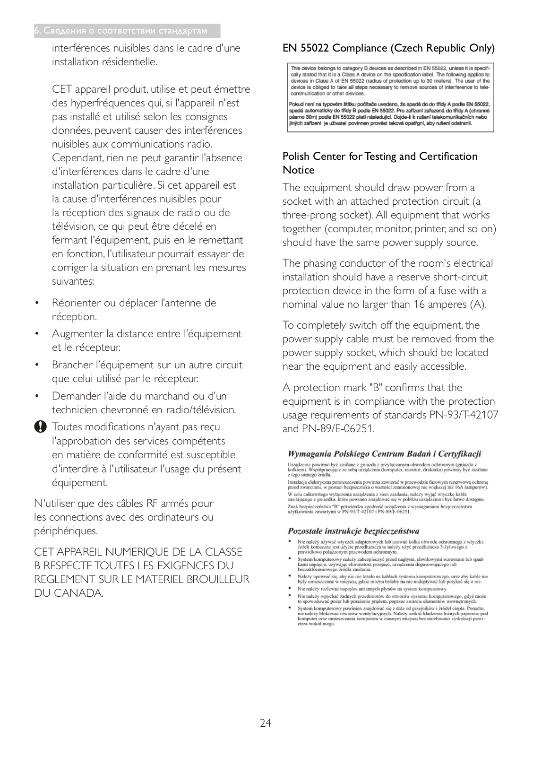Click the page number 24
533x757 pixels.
(x=265, y=723)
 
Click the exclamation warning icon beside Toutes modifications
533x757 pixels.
(x=41, y=427)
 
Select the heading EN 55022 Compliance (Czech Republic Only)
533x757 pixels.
(x=388, y=48)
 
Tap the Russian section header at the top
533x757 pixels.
(x=121, y=31)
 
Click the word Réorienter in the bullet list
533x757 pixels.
(x=76, y=303)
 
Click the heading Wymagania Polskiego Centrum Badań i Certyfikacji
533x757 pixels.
(x=384, y=454)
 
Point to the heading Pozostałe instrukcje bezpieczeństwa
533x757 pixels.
(x=353, y=531)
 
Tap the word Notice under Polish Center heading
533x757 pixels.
(x=298, y=170)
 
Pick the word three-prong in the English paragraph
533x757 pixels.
(x=309, y=215)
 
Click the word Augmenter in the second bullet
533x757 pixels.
(x=77, y=334)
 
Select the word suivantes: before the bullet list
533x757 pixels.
(x=73, y=281)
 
